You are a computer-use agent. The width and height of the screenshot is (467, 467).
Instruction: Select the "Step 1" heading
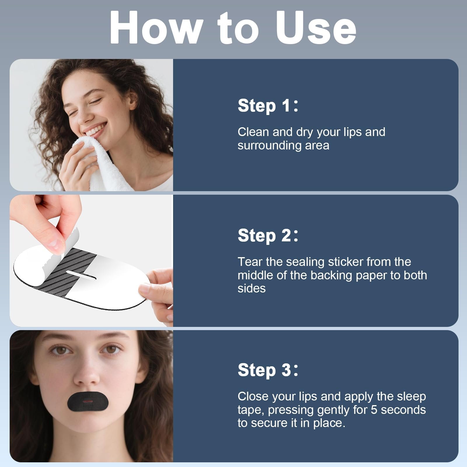268,105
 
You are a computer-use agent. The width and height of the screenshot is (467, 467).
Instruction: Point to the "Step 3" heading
268,370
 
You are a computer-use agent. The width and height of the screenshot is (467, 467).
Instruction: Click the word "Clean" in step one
253,132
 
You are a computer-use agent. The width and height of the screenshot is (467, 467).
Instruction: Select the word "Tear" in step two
250,262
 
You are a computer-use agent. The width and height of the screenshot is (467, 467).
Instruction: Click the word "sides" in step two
252,288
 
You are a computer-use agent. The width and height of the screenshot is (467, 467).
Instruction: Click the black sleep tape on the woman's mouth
88,402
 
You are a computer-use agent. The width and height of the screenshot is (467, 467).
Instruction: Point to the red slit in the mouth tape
87,402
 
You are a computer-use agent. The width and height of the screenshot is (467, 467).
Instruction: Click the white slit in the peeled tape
82,274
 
